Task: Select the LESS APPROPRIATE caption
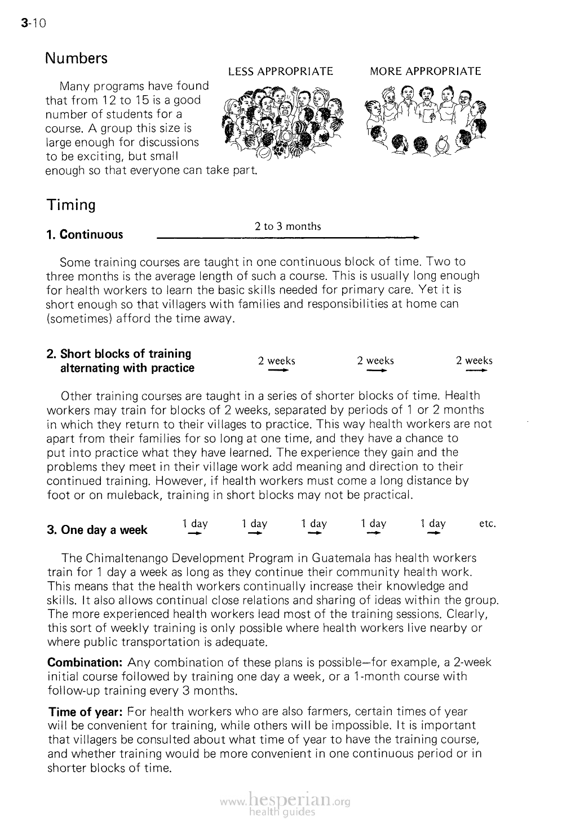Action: point(280,72)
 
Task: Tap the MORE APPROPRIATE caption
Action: point(425,72)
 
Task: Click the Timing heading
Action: point(71,204)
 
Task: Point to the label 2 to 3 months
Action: point(287,226)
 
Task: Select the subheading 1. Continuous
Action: point(85,234)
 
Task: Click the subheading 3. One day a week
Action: point(97,530)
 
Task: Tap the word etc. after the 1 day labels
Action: point(487,524)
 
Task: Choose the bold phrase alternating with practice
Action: point(127,368)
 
